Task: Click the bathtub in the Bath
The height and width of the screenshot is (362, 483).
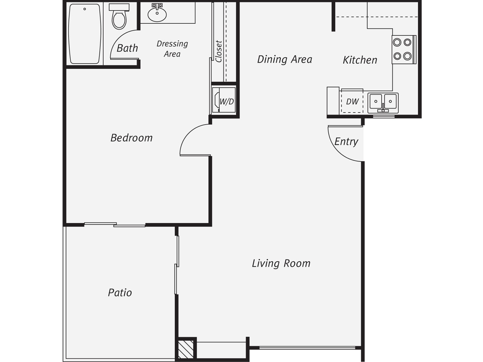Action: [85, 34]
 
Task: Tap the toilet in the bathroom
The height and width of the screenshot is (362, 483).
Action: [119, 16]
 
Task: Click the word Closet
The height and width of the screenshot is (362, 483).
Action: [219, 51]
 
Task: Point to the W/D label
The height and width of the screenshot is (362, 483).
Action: [227, 101]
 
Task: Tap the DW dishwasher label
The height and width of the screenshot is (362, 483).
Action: [352, 101]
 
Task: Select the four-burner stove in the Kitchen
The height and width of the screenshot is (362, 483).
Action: [404, 49]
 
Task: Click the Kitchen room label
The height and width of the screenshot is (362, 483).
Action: [360, 60]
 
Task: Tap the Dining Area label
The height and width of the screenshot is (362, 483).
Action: [285, 59]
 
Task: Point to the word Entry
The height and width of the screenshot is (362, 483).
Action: [346, 141]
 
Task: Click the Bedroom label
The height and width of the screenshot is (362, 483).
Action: [131, 138]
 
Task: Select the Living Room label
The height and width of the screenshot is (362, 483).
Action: [281, 263]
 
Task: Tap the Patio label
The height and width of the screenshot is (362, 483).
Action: [120, 293]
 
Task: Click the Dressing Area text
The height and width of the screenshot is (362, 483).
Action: [172, 49]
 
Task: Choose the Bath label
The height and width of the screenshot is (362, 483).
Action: [127, 48]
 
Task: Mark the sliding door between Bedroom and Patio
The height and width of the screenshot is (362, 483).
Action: [115, 224]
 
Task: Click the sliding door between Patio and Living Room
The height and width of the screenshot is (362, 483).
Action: [177, 265]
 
